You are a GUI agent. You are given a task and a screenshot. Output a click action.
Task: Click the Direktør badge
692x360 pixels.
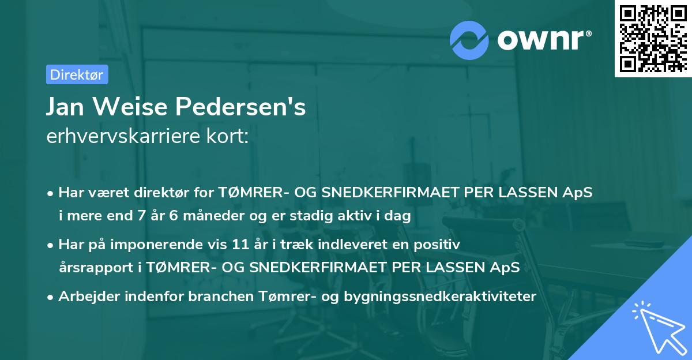click(77, 74)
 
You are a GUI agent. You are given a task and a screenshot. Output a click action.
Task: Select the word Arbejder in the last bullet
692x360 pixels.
click(85, 297)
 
